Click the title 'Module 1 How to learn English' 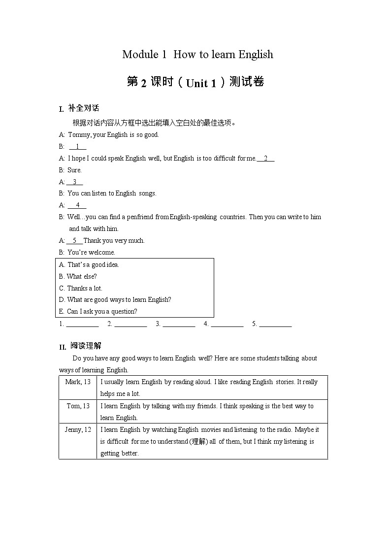tap(197, 54)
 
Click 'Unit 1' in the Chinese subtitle tap(200, 83)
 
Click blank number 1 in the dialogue tap(77, 146)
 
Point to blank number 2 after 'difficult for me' tap(266, 158)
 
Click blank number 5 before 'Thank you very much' tap(74, 240)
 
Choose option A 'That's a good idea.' tap(89, 264)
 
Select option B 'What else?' tap(78, 276)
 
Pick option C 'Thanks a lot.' tap(81, 288)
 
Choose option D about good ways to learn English tap(115, 299)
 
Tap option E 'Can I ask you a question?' tap(98, 311)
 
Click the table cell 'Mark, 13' tap(78, 382)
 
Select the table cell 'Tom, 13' tap(78, 406)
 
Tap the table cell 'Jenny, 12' tap(78, 429)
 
